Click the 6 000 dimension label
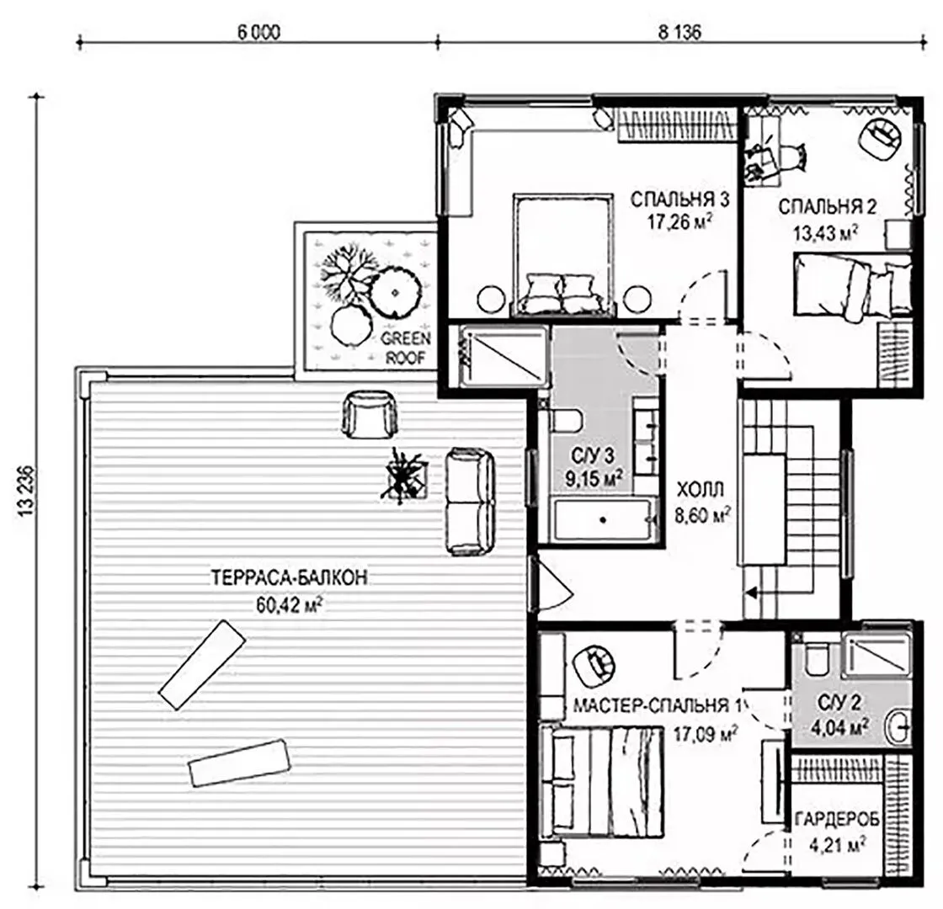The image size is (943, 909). click(258, 32)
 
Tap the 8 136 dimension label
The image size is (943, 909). click(679, 32)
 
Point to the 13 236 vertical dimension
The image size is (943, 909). click(26, 491)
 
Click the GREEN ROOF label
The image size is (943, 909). click(405, 348)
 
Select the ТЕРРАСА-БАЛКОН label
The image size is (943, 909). click(290, 577)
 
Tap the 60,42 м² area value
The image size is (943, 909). click(290, 603)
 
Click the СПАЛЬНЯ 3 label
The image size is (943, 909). click(679, 199)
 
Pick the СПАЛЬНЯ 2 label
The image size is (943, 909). click(827, 207)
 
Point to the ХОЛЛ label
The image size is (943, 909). click(701, 490)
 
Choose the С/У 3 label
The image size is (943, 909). click(593, 455)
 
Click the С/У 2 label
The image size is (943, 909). click(839, 702)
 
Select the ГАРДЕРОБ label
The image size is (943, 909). click(837, 819)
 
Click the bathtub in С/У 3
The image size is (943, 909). click(604, 518)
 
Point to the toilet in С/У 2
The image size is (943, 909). click(817, 658)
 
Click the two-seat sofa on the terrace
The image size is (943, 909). click(471, 502)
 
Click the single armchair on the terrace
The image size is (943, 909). click(370, 413)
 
